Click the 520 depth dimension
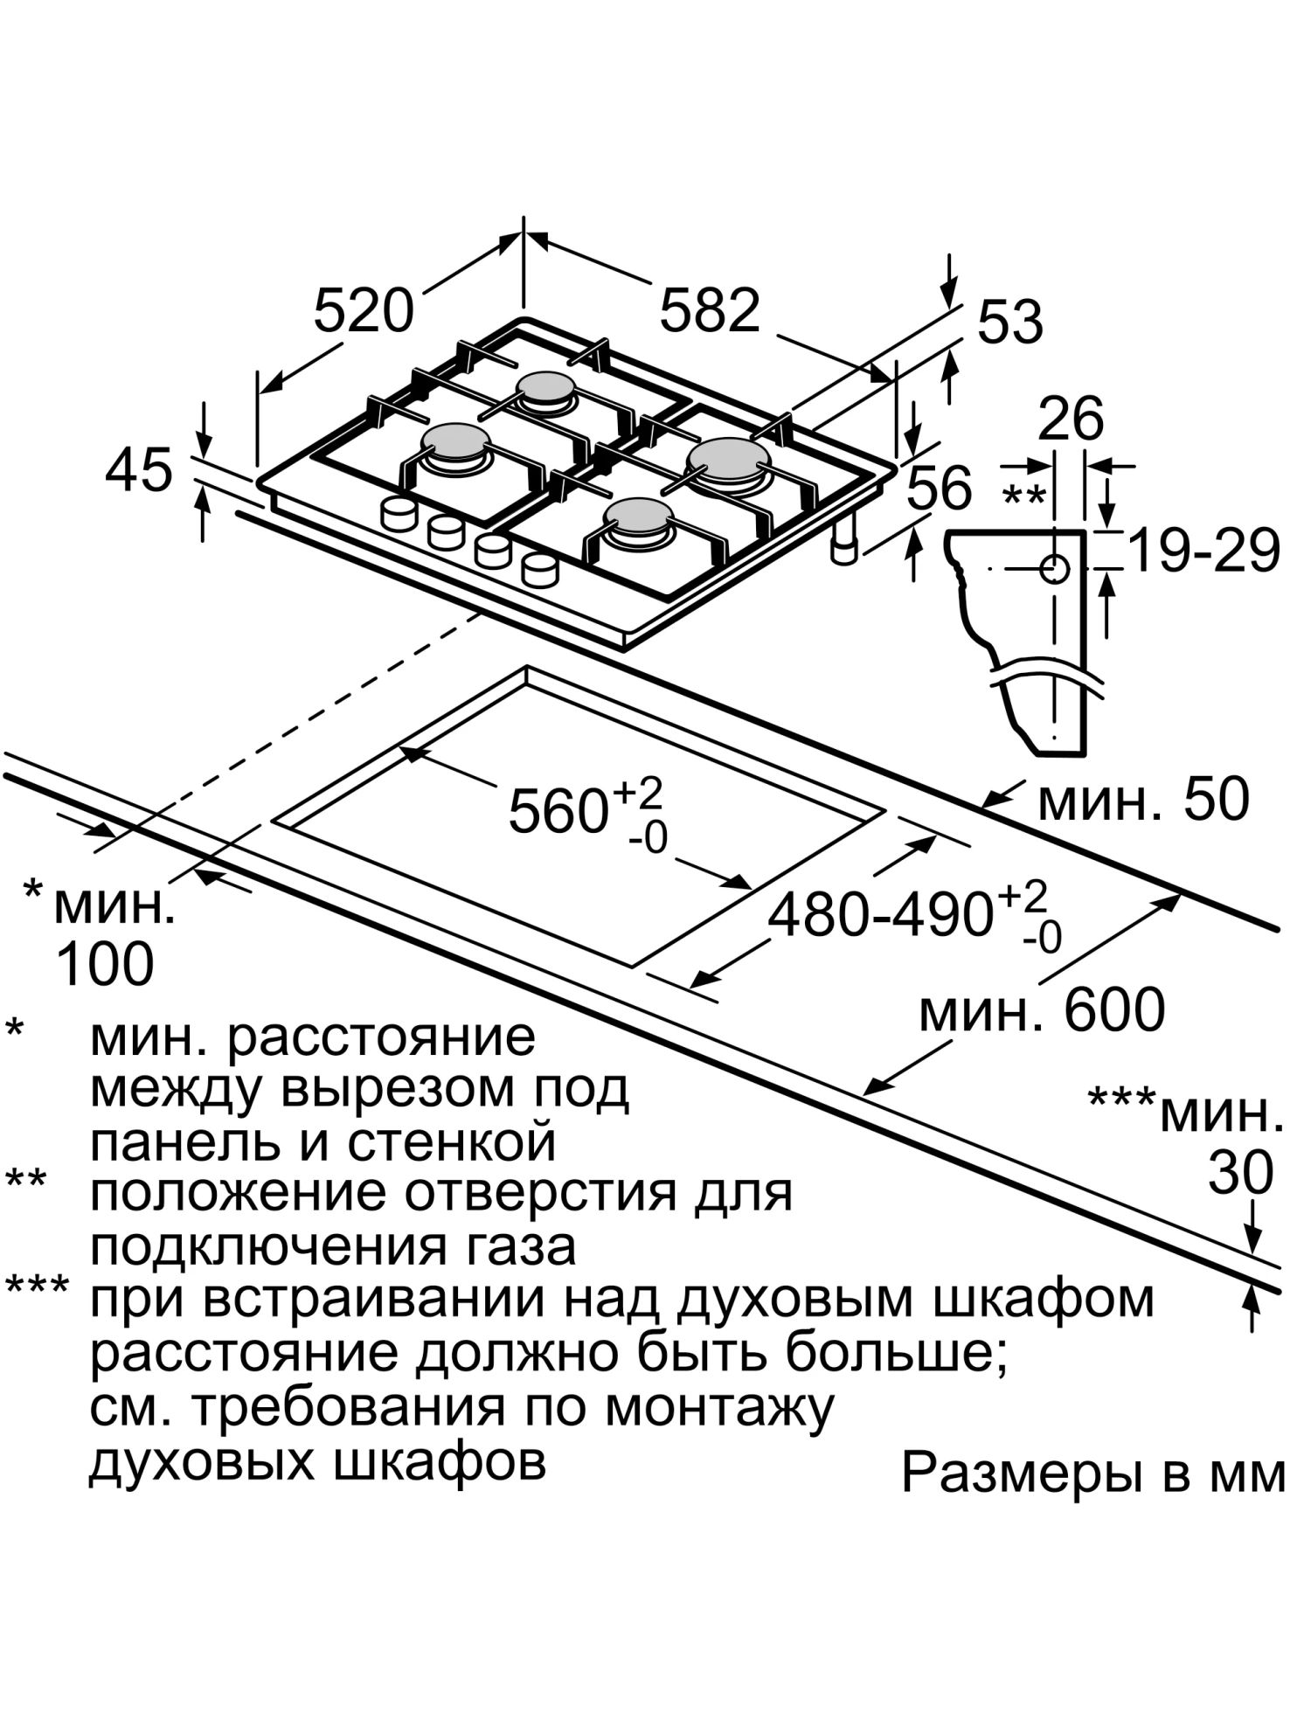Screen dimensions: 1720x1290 coord(363,311)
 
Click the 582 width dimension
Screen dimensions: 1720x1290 coord(710,311)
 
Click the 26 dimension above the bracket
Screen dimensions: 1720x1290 coord(1072,419)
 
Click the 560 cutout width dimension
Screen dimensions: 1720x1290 coord(559,810)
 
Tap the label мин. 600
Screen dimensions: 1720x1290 coord(1042,1010)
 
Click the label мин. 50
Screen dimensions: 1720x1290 coord(1143,799)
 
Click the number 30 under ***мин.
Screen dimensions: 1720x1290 coord(1240,1173)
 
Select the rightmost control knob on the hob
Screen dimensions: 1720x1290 coord(539,570)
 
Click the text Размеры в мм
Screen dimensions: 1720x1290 coord(1093,1474)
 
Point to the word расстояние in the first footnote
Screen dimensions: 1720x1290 coord(381,1038)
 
